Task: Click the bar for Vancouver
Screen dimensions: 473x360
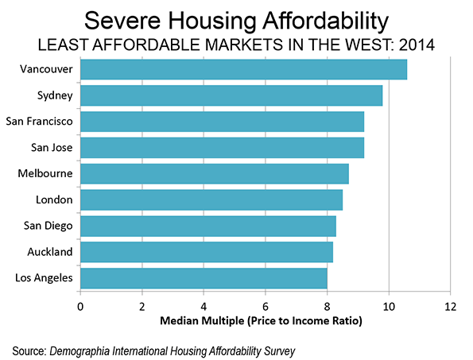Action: (x=244, y=70)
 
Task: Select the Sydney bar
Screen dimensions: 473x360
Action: (x=231, y=95)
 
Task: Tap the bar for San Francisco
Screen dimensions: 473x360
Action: (x=223, y=122)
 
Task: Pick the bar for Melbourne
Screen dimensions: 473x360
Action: (x=215, y=174)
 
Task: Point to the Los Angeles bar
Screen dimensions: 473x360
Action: (x=204, y=278)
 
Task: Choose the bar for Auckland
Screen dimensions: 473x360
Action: (x=207, y=252)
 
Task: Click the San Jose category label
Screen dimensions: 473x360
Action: (x=52, y=148)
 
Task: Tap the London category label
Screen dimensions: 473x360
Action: (x=54, y=199)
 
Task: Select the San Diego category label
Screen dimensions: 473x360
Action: (x=48, y=226)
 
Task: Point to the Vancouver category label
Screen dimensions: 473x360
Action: (x=46, y=69)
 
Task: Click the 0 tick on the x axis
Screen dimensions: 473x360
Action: (x=80, y=307)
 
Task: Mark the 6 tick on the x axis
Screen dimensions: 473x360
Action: (x=266, y=307)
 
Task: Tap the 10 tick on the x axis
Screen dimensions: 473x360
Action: (x=389, y=307)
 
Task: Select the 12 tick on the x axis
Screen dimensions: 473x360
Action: (x=451, y=307)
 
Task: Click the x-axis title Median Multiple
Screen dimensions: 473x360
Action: (x=201, y=320)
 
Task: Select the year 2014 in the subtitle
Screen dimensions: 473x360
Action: (x=417, y=45)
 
